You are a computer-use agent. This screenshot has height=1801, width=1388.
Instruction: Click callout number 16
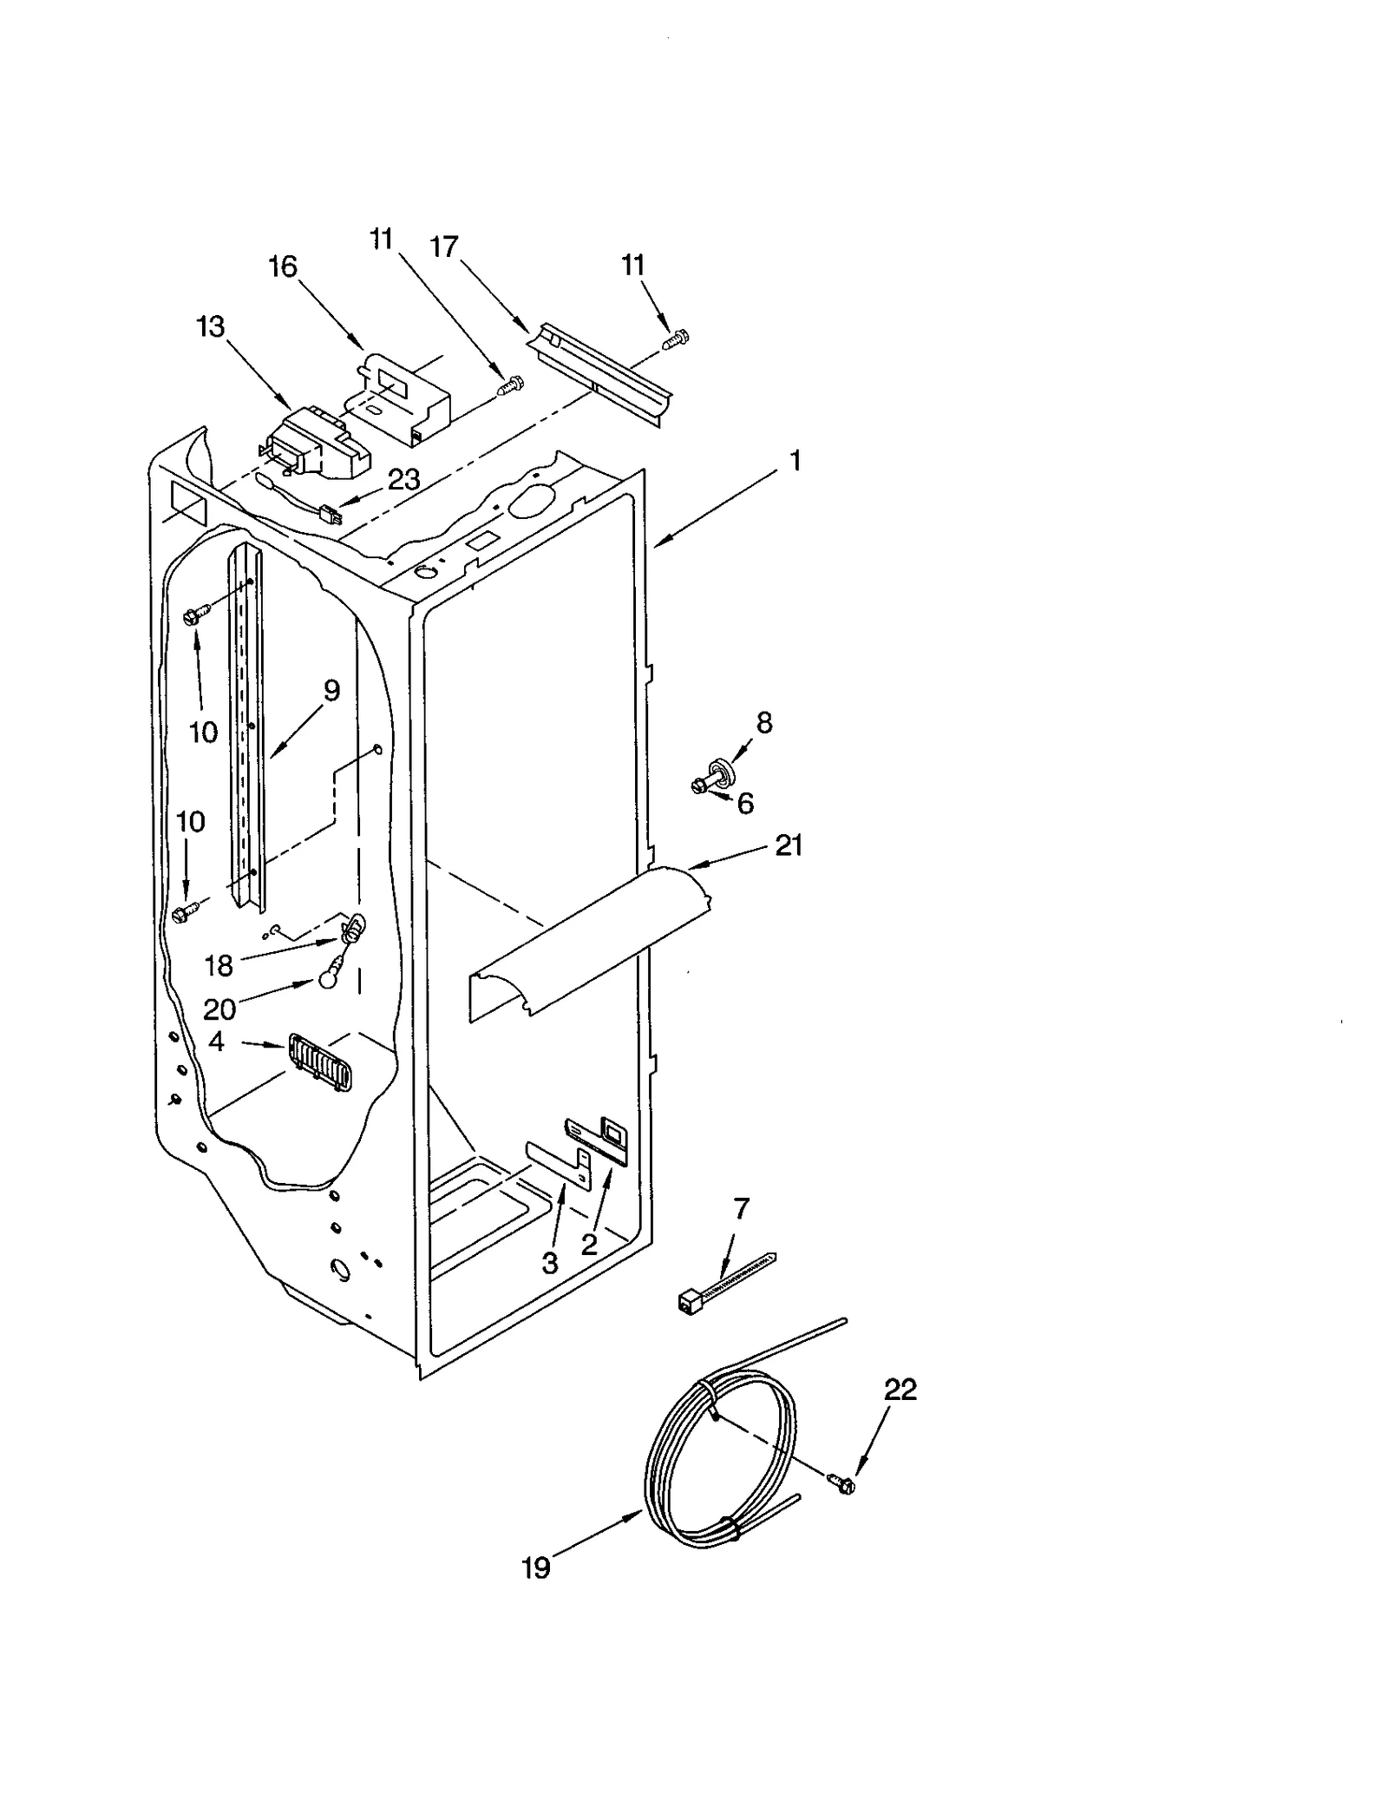[283, 266]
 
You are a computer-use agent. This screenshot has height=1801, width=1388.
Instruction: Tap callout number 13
[211, 327]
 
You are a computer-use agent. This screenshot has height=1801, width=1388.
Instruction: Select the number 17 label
[443, 247]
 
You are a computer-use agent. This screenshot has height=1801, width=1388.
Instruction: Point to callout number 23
[403, 479]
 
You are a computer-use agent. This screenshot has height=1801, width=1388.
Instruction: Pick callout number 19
[536, 1568]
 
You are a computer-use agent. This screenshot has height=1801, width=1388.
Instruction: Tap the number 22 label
[900, 1390]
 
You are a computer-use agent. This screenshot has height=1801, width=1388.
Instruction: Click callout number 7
[741, 1208]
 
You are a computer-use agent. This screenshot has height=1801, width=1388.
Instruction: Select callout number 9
[331, 691]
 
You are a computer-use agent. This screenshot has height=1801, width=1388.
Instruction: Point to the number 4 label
[217, 1041]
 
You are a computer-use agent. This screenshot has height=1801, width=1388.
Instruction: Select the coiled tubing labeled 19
[720, 1458]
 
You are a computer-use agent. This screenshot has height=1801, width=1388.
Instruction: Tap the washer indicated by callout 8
[719, 768]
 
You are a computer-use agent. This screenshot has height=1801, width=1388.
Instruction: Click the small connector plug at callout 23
[331, 516]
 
